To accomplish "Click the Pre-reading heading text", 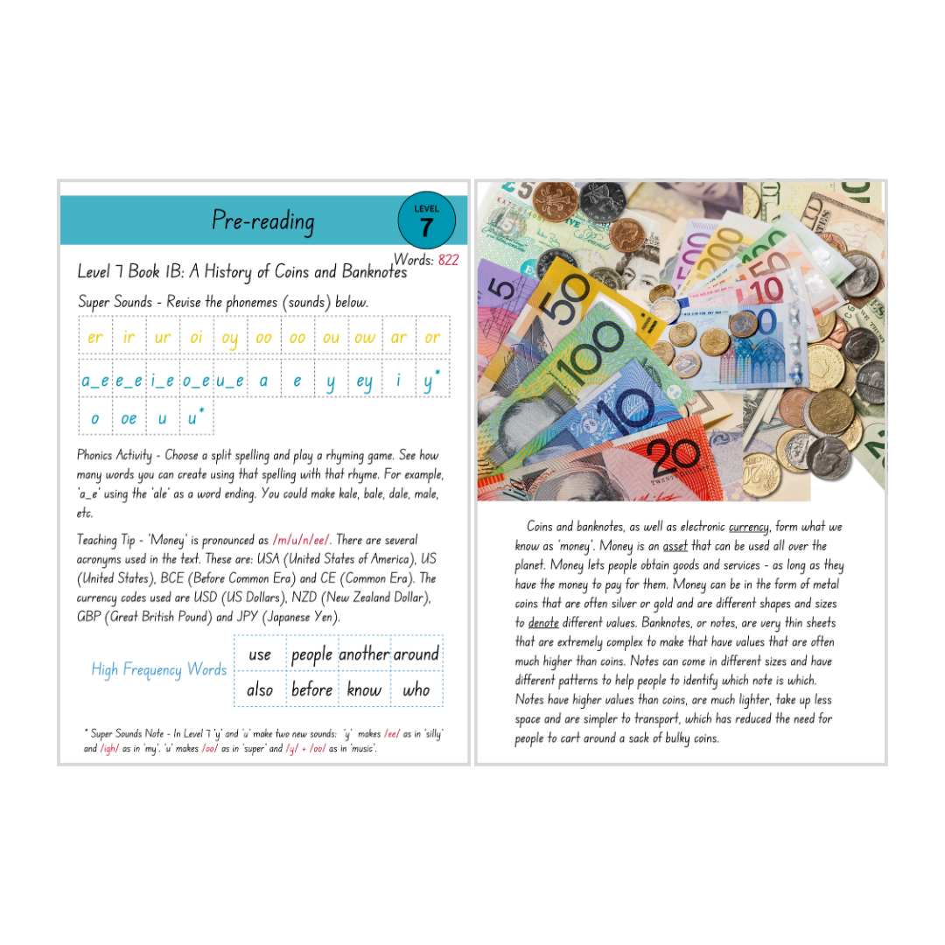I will point(262,220).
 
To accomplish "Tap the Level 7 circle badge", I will point(426,220).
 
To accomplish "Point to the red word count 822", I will point(448,260).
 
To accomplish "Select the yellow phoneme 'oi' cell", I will point(196,338).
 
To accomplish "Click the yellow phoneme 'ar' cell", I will point(399,338).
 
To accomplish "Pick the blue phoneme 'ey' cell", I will point(365,381).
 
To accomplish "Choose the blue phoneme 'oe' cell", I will point(129,419).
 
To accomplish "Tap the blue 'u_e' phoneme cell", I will point(229,381).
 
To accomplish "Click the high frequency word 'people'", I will point(311,654).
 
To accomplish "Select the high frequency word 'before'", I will point(311,690).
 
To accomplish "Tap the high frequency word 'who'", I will point(416,690).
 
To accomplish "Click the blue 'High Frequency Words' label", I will point(159,670).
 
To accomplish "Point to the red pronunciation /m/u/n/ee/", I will point(301,540).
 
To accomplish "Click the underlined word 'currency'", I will point(749,527).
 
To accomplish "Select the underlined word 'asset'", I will point(675,546).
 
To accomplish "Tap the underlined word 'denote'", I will point(543,623).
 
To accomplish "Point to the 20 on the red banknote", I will point(675,455).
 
